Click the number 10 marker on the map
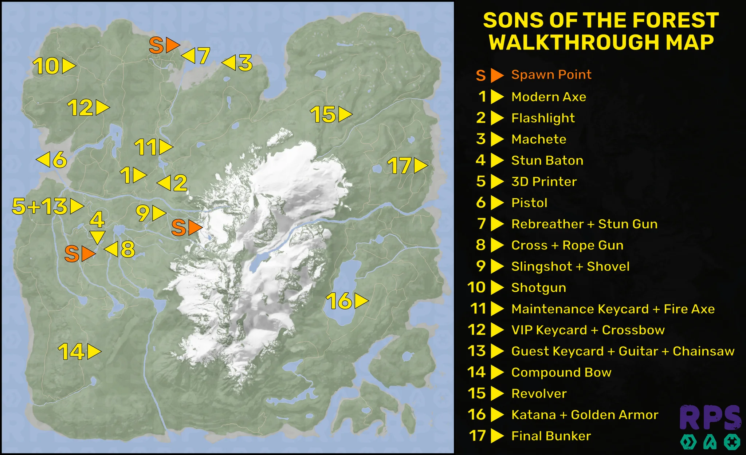[x=54, y=66]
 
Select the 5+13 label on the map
[x=47, y=206]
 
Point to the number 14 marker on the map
[x=79, y=352]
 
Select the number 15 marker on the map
[x=331, y=115]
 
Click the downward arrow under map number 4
[x=97, y=237]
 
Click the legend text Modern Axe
[x=549, y=97]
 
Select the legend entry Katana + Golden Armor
[x=585, y=415]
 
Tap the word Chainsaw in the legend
[x=703, y=351]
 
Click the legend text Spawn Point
[x=551, y=75]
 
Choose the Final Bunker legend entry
[x=551, y=436]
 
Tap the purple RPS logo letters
[x=710, y=418]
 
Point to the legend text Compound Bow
[x=561, y=372]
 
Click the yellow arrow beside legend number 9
[x=497, y=266]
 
